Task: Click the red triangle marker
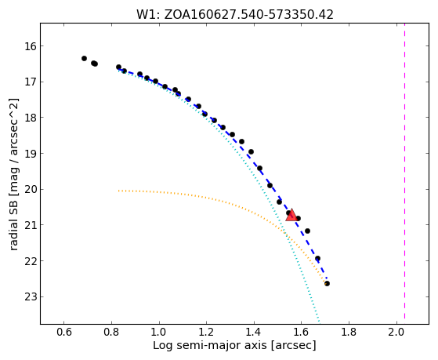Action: point(291,215)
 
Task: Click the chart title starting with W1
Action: point(234,15)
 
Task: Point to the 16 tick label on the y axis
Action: point(30,45)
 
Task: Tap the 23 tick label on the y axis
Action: point(30,296)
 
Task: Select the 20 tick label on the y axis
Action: point(30,189)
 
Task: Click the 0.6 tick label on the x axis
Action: point(64,333)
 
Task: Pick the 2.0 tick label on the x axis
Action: point(396,333)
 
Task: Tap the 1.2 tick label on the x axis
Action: point(206,333)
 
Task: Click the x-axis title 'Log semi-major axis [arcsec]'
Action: point(234,345)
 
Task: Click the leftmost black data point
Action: point(84,59)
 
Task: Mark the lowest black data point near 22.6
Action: point(327,284)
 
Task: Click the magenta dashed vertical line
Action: point(405,173)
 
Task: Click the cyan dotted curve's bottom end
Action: point(319,321)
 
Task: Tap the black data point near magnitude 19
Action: point(251,152)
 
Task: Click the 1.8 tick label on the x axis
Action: point(349,333)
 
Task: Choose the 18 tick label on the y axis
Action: point(30,118)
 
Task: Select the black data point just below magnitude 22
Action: point(317,259)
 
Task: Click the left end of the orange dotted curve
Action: point(119,191)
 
